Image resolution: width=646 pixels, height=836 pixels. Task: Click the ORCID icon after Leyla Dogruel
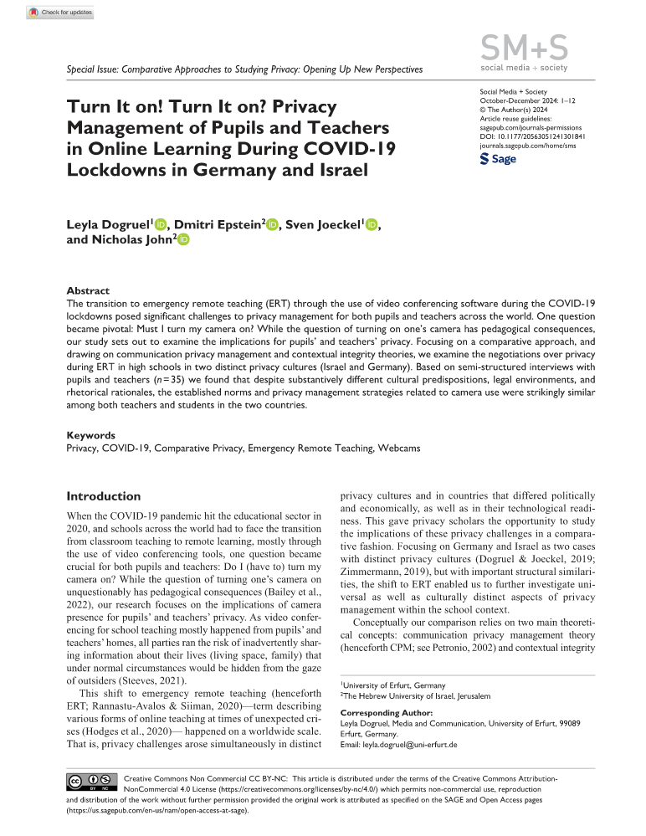[161, 224]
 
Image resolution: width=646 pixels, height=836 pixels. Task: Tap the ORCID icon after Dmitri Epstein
[271, 224]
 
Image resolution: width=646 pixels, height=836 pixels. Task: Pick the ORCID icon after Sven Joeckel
[372, 224]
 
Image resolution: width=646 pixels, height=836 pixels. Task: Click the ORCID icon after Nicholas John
[182, 241]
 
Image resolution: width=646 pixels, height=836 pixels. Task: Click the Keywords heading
[91, 436]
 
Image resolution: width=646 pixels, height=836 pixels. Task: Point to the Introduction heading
[104, 496]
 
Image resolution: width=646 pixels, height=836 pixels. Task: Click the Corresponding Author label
[386, 712]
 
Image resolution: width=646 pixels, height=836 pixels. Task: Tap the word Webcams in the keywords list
[398, 449]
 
